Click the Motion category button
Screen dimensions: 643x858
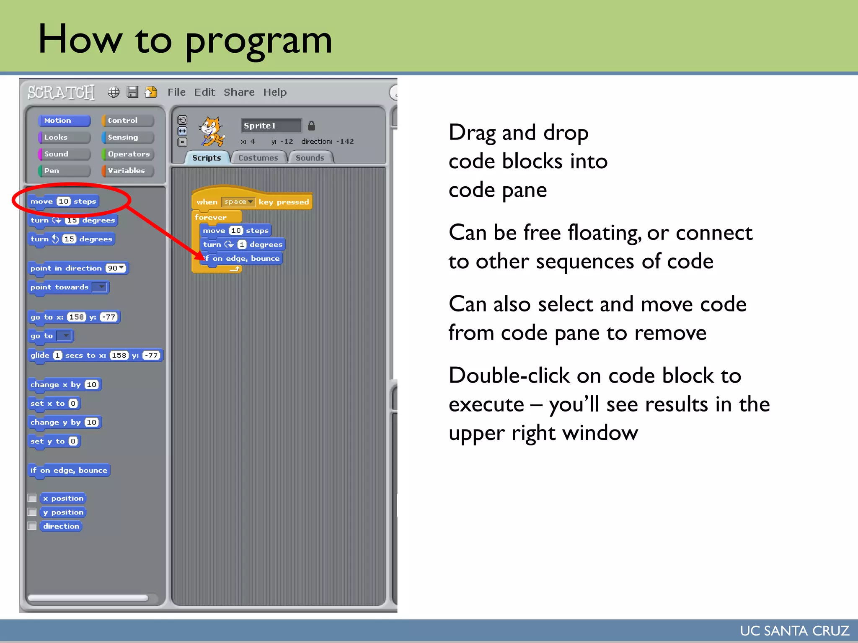pyautogui.click(x=64, y=121)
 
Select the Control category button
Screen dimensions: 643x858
pyautogui.click(x=127, y=121)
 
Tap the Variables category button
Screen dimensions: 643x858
pyautogui.click(x=127, y=171)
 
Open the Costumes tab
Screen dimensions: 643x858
pyautogui.click(x=258, y=158)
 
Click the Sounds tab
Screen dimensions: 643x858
pyautogui.click(x=310, y=158)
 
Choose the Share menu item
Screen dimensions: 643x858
pyautogui.click(x=239, y=92)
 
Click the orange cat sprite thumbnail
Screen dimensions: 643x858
pyautogui.click(x=212, y=131)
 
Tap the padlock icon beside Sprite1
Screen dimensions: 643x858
pyautogui.click(x=311, y=126)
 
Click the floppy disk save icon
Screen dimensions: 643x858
pyautogui.click(x=132, y=92)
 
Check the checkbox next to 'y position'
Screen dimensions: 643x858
pyautogui.click(x=32, y=512)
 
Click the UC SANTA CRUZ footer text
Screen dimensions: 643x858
pyautogui.click(x=794, y=630)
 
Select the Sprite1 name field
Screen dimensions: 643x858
pyautogui.click(x=271, y=126)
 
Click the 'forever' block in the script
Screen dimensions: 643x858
pyautogui.click(x=211, y=217)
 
